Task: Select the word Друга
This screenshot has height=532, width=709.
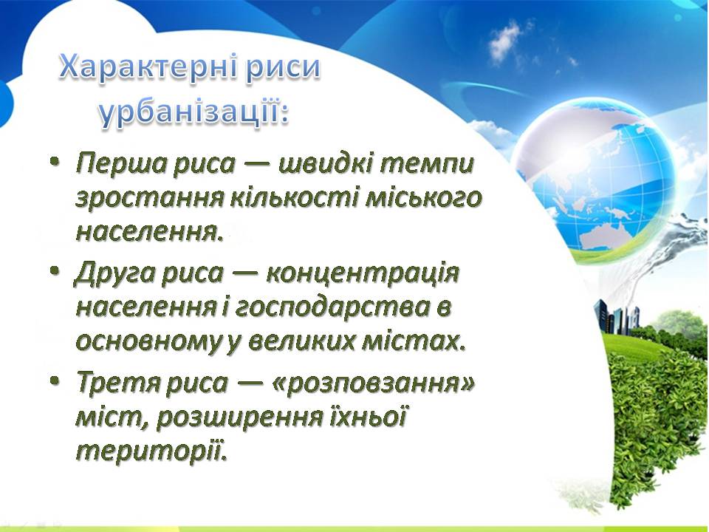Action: pos(114,274)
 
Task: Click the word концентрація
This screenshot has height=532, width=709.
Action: pos(362,273)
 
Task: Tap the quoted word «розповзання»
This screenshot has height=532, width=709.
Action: pos(374,383)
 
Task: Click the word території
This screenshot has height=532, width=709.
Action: pos(150,450)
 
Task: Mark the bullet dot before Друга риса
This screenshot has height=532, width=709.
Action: pos(55,271)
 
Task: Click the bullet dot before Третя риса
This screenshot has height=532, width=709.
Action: pos(55,381)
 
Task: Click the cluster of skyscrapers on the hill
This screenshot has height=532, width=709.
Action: pos(617,316)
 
